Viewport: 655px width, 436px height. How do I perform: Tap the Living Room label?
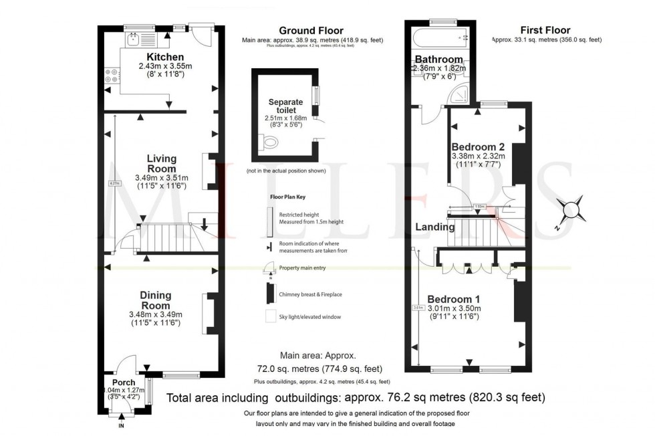click(162, 163)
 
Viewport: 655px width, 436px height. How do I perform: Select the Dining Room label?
click(155, 300)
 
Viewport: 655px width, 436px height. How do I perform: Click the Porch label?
click(123, 383)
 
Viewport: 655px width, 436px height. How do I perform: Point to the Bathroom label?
click(438, 59)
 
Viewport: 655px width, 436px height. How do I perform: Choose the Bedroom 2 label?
click(478, 147)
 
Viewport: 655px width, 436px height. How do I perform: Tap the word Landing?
click(435, 227)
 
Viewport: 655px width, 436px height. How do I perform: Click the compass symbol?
click(573, 211)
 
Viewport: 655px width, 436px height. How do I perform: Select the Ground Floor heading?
click(311, 31)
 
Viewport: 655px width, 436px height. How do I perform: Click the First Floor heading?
click(545, 31)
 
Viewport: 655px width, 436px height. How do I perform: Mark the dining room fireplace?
click(209, 312)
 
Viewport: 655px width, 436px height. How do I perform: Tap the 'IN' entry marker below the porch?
click(121, 425)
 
